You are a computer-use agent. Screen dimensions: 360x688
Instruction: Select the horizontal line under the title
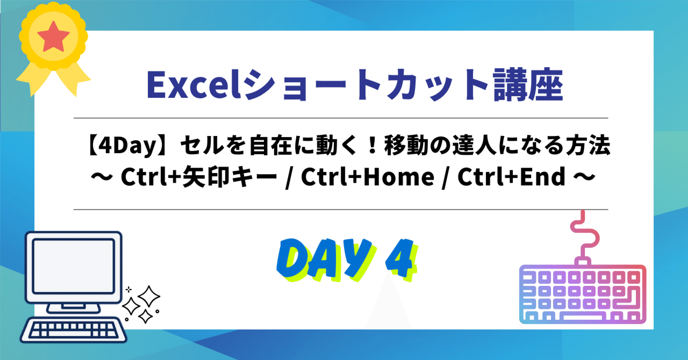340,118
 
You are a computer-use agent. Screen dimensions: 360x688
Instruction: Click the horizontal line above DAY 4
340,209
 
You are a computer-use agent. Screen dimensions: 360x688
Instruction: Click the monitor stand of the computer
73,301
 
